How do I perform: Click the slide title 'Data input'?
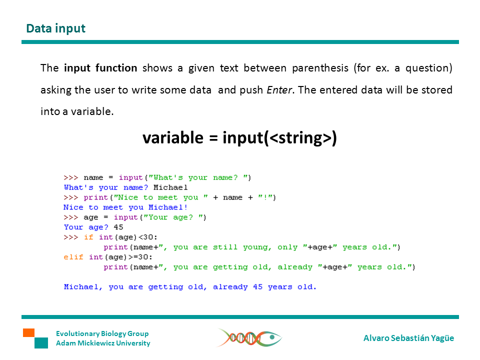pyautogui.click(x=55, y=28)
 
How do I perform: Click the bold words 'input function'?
pyautogui.click(x=100, y=68)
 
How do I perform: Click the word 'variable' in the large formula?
pyautogui.click(x=172, y=137)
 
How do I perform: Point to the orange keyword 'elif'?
pyautogui.click(x=73, y=257)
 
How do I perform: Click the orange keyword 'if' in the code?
pyautogui.click(x=88, y=237)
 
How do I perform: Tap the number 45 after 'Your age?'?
pyautogui.click(x=118, y=227)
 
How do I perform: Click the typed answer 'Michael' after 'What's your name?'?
pyautogui.click(x=170, y=187)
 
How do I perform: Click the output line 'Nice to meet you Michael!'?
pyautogui.click(x=125, y=207)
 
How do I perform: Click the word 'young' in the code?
pyautogui.click(x=255, y=247)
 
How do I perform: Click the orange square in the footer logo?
pyautogui.click(x=28, y=332)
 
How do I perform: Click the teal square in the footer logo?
pyautogui.click(x=41, y=343)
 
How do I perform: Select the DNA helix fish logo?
pyautogui.click(x=249, y=337)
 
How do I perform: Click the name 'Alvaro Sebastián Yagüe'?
pyautogui.click(x=408, y=338)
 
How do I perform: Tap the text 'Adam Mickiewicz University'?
pyautogui.click(x=103, y=343)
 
